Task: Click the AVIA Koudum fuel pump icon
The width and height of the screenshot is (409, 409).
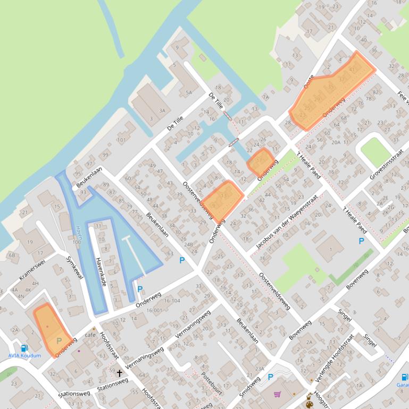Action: (x=24, y=348)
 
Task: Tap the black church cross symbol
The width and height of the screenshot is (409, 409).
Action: (x=120, y=373)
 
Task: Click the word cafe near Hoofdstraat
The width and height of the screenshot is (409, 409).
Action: (x=90, y=335)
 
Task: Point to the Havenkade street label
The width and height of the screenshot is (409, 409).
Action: (x=101, y=271)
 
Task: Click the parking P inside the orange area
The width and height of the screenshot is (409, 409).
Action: (x=59, y=340)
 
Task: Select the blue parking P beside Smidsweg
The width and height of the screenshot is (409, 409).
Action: (x=270, y=377)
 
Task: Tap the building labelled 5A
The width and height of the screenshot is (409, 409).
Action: (x=188, y=92)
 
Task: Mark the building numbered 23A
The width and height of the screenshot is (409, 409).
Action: (x=259, y=369)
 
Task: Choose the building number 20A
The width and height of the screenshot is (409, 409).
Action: (x=336, y=142)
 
